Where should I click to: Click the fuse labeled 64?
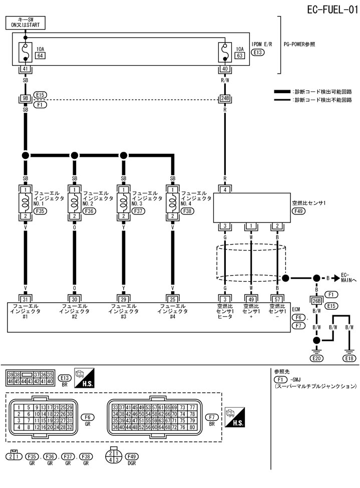click(25, 51)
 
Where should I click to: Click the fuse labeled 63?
click(225, 51)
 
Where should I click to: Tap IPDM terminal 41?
click(25, 70)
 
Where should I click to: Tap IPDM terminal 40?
click(225, 70)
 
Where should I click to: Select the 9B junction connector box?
click(25, 98)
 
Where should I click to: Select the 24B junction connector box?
click(225, 98)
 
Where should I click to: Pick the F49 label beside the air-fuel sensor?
click(299, 211)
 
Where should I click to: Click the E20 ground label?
click(316, 358)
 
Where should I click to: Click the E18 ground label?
click(349, 358)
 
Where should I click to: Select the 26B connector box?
click(316, 301)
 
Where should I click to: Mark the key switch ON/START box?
click(25, 22)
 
